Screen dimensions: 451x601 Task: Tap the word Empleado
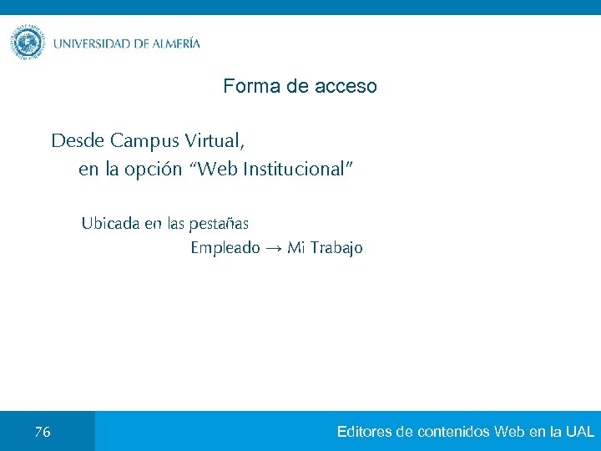click(x=225, y=248)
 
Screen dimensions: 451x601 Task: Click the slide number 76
click(x=43, y=432)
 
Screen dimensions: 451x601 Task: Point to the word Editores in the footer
click(x=366, y=432)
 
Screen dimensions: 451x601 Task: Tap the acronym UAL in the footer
click(x=579, y=432)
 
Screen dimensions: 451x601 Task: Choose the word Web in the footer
click(x=509, y=432)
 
